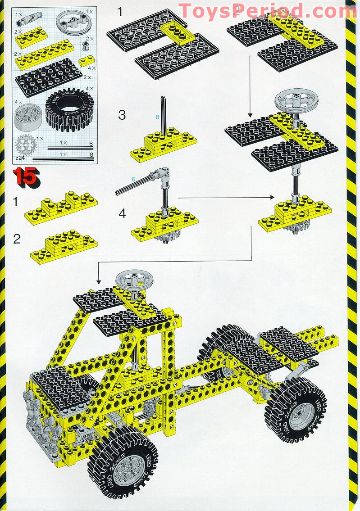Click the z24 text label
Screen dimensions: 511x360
pos(19,158)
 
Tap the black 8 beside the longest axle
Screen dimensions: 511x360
pos(91,154)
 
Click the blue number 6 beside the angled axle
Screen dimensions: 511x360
pos(133,179)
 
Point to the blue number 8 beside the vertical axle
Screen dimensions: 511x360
pos(157,117)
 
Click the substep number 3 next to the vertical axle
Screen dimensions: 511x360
pos(122,115)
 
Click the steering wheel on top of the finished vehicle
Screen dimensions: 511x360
pos(134,279)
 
